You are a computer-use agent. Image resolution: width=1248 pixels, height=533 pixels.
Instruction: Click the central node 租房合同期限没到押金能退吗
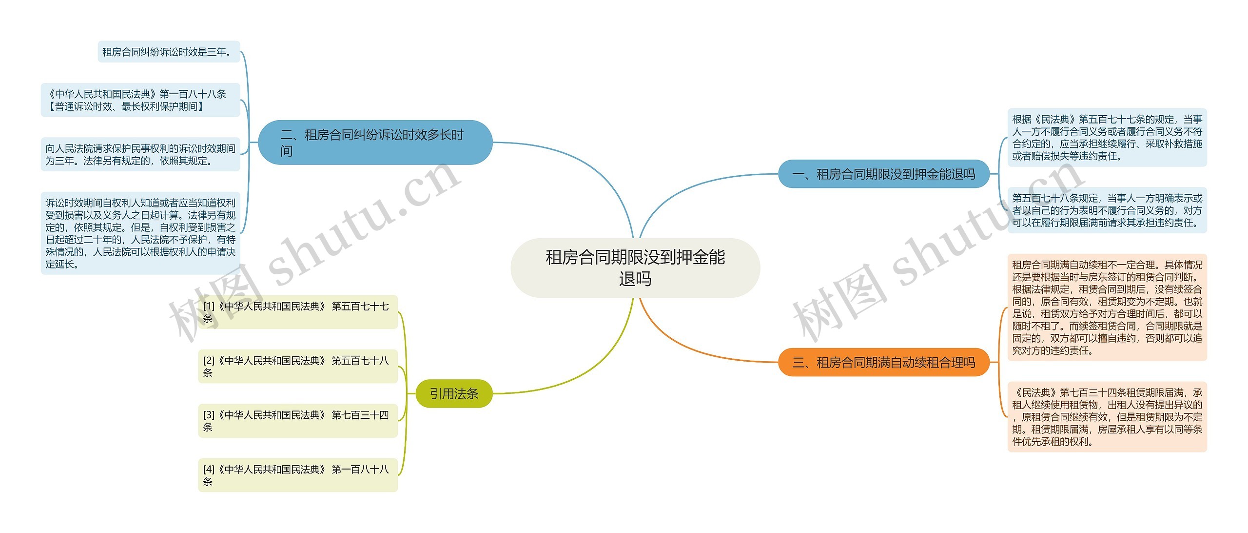[x=635, y=268]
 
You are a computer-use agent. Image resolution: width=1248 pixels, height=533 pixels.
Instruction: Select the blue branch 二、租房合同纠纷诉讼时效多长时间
[x=375, y=143]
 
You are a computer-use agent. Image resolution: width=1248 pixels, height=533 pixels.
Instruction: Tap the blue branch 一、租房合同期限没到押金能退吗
[x=883, y=174]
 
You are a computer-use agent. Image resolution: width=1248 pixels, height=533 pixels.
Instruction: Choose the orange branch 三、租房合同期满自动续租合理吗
[x=883, y=363]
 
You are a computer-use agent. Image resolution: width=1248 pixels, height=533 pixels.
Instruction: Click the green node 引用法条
[x=454, y=393]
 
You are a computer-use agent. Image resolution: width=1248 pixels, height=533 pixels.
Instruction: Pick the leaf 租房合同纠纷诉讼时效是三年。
[x=169, y=52]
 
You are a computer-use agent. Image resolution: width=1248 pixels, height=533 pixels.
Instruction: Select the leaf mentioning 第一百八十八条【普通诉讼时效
[x=140, y=100]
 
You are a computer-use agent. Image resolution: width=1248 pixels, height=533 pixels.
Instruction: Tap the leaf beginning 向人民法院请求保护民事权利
[x=140, y=154]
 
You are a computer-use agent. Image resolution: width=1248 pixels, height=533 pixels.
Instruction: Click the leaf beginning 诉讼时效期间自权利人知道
[x=140, y=233]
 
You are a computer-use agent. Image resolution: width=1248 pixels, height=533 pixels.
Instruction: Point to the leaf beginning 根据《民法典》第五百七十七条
[x=1107, y=138]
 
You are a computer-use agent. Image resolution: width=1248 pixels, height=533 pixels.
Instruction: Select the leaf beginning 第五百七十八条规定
[x=1107, y=210]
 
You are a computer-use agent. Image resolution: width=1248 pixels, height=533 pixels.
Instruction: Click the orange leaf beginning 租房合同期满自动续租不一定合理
[x=1107, y=307]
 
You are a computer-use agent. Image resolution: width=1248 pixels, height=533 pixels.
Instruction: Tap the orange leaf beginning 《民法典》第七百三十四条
[x=1107, y=417]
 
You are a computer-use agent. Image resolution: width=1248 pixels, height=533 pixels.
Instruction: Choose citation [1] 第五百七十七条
[x=298, y=312]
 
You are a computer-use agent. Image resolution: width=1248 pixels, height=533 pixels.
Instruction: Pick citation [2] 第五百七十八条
[x=298, y=367]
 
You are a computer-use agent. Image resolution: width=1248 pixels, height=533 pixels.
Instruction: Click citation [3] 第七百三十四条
[x=298, y=421]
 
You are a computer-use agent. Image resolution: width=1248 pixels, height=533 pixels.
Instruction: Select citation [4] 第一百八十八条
[x=298, y=475]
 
